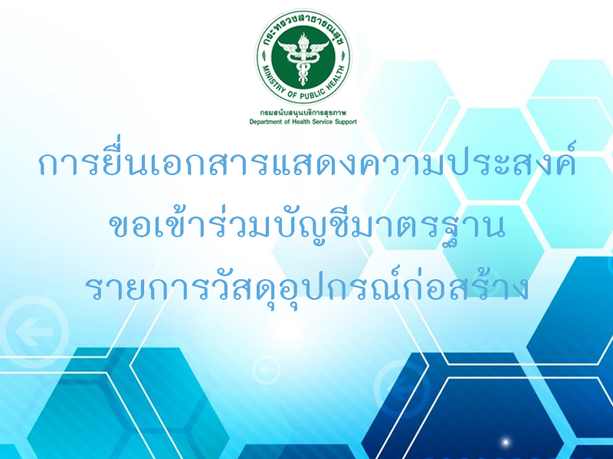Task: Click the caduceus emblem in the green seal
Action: tap(303, 59)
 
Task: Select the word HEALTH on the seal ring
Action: tap(333, 80)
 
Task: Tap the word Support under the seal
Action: tap(346, 122)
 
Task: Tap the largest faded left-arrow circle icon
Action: tap(34, 333)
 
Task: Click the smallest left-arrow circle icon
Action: tap(266, 369)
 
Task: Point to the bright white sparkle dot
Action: tap(505, 442)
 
